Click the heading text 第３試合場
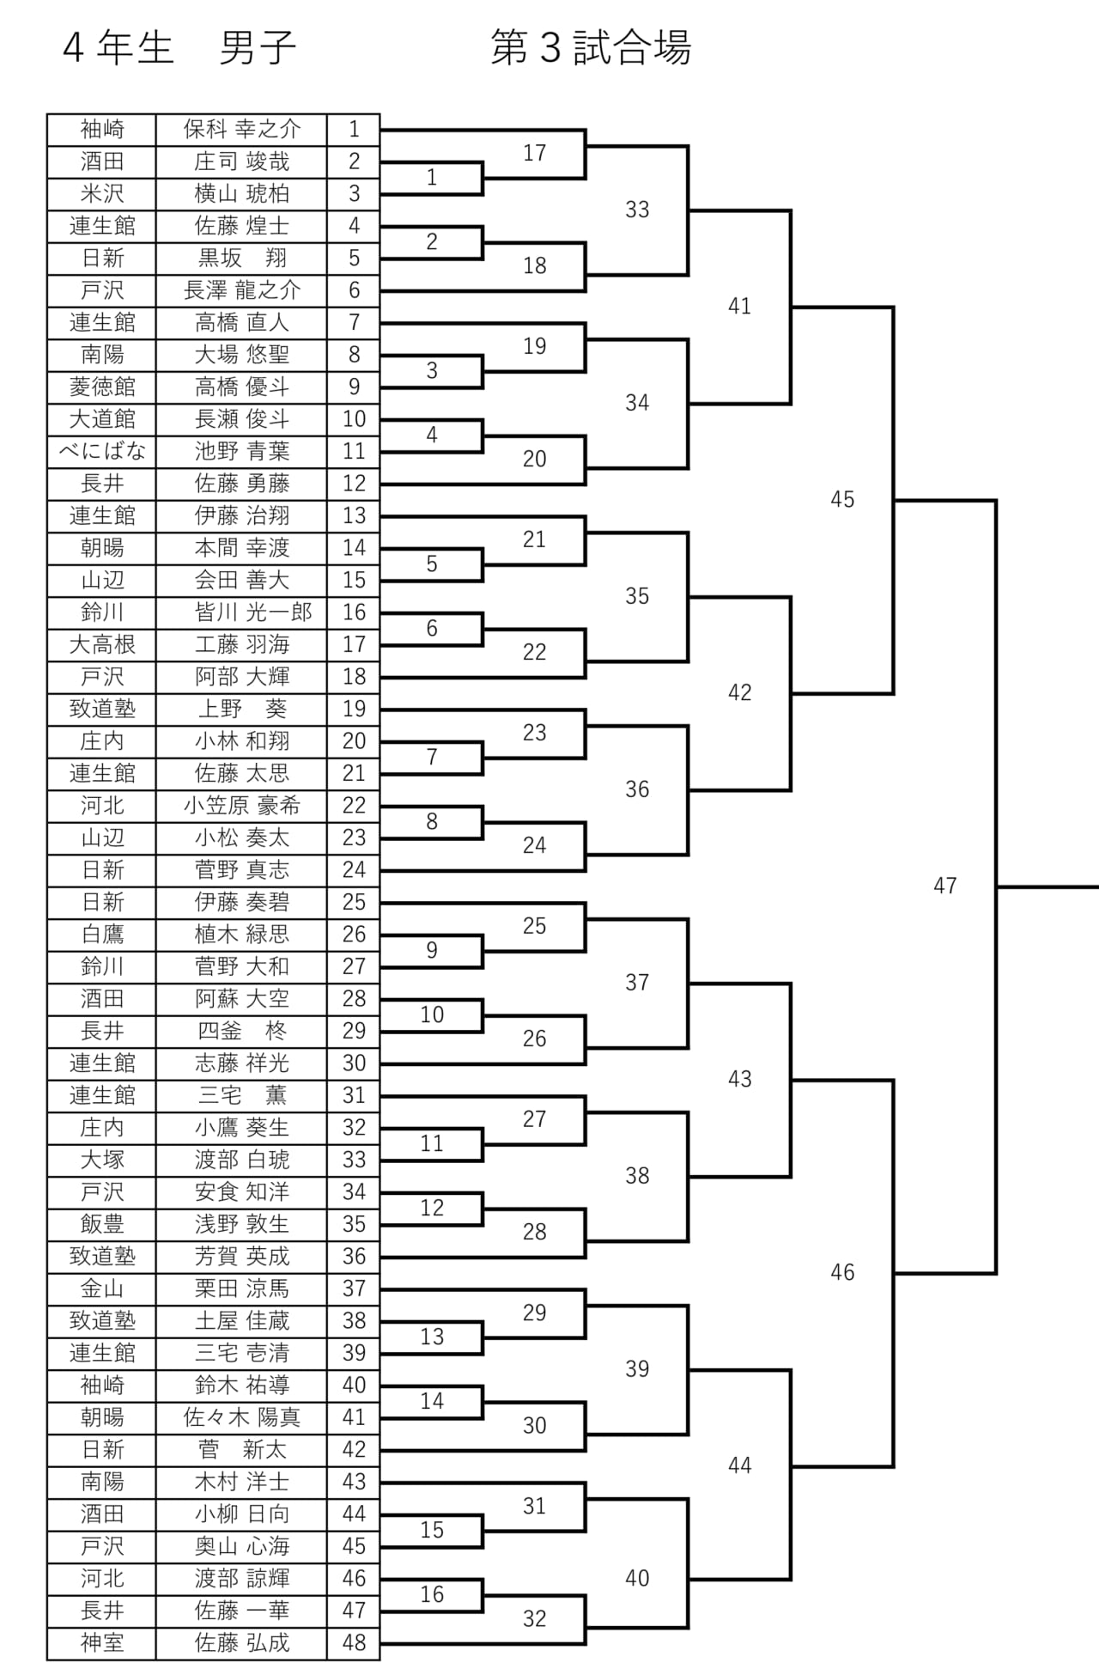pyautogui.click(x=591, y=47)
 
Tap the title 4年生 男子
pyautogui.click(x=179, y=47)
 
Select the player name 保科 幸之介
pyautogui.click(x=242, y=130)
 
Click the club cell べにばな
pyautogui.click(x=102, y=451)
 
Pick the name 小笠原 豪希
pyautogui.click(x=242, y=806)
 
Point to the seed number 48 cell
pyautogui.click(x=354, y=1643)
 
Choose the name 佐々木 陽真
pyautogui.click(x=242, y=1417)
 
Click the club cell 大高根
pyautogui.click(x=102, y=644)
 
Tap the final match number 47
pyautogui.click(x=945, y=886)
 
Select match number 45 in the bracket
pyautogui.click(x=842, y=499)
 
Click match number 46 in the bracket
pyautogui.click(x=842, y=1272)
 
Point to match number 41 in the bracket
pyautogui.click(x=739, y=306)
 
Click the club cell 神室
pyautogui.click(x=102, y=1643)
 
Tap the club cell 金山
pyautogui.click(x=102, y=1288)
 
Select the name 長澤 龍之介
pyautogui.click(x=242, y=290)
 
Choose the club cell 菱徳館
pyautogui.click(x=102, y=387)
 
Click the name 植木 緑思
pyautogui.click(x=242, y=935)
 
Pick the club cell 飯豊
pyautogui.click(x=102, y=1224)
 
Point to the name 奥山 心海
pyautogui.click(x=242, y=1546)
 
